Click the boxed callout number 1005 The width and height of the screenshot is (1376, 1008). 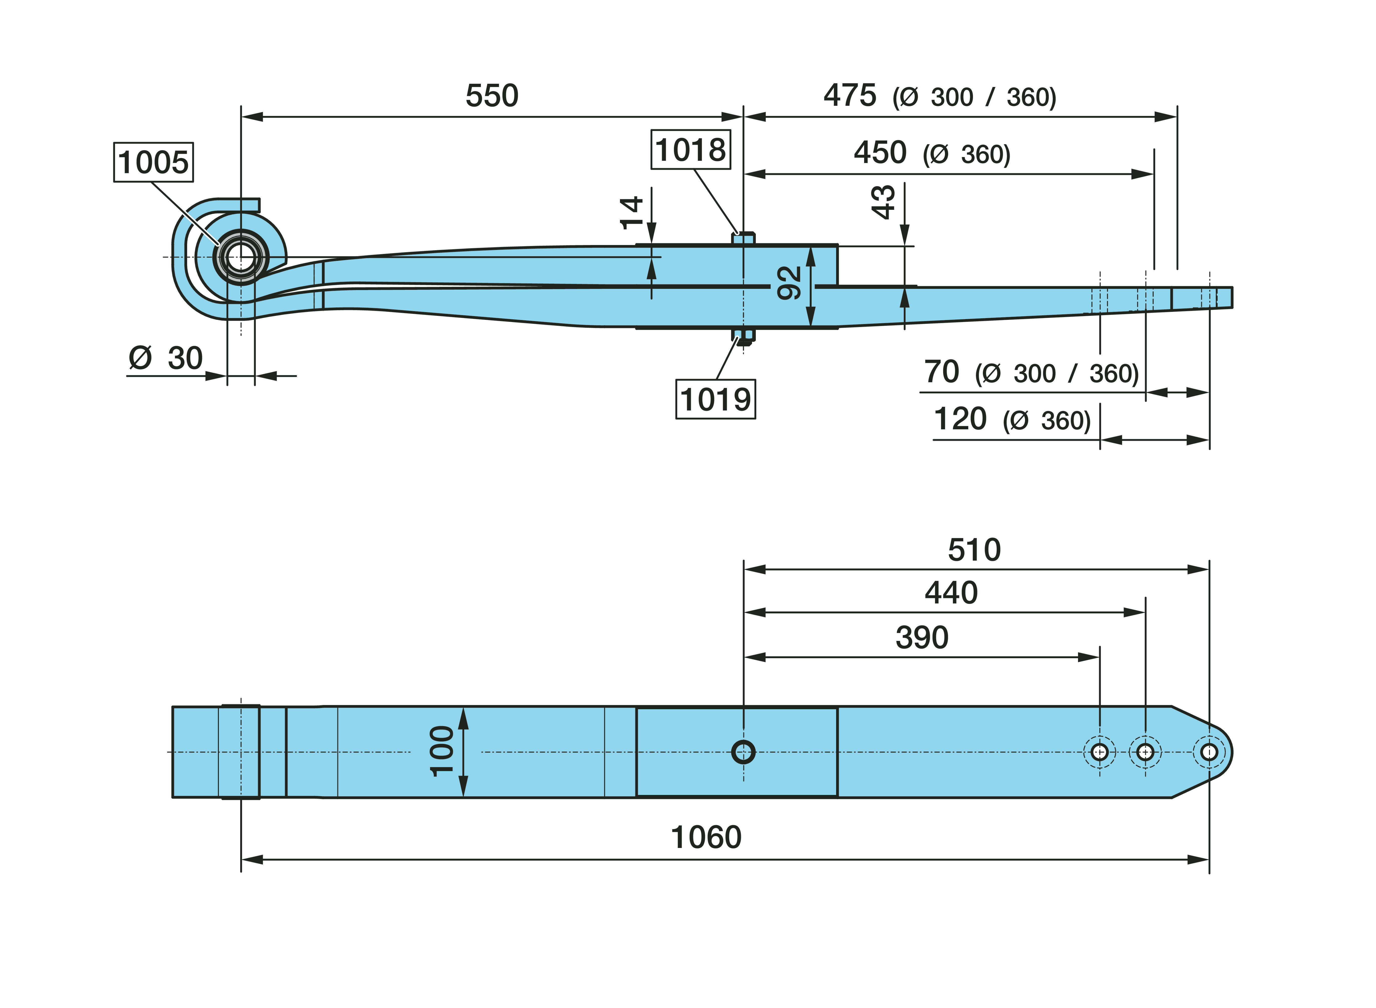click(153, 162)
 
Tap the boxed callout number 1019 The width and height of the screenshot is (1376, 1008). click(716, 400)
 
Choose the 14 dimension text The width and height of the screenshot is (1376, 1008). click(631, 212)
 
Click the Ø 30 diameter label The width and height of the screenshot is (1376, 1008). click(165, 358)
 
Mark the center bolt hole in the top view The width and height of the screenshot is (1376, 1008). click(743, 752)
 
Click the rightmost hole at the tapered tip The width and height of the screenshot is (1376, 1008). click(1209, 752)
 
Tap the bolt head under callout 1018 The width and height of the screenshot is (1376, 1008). click(743, 238)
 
